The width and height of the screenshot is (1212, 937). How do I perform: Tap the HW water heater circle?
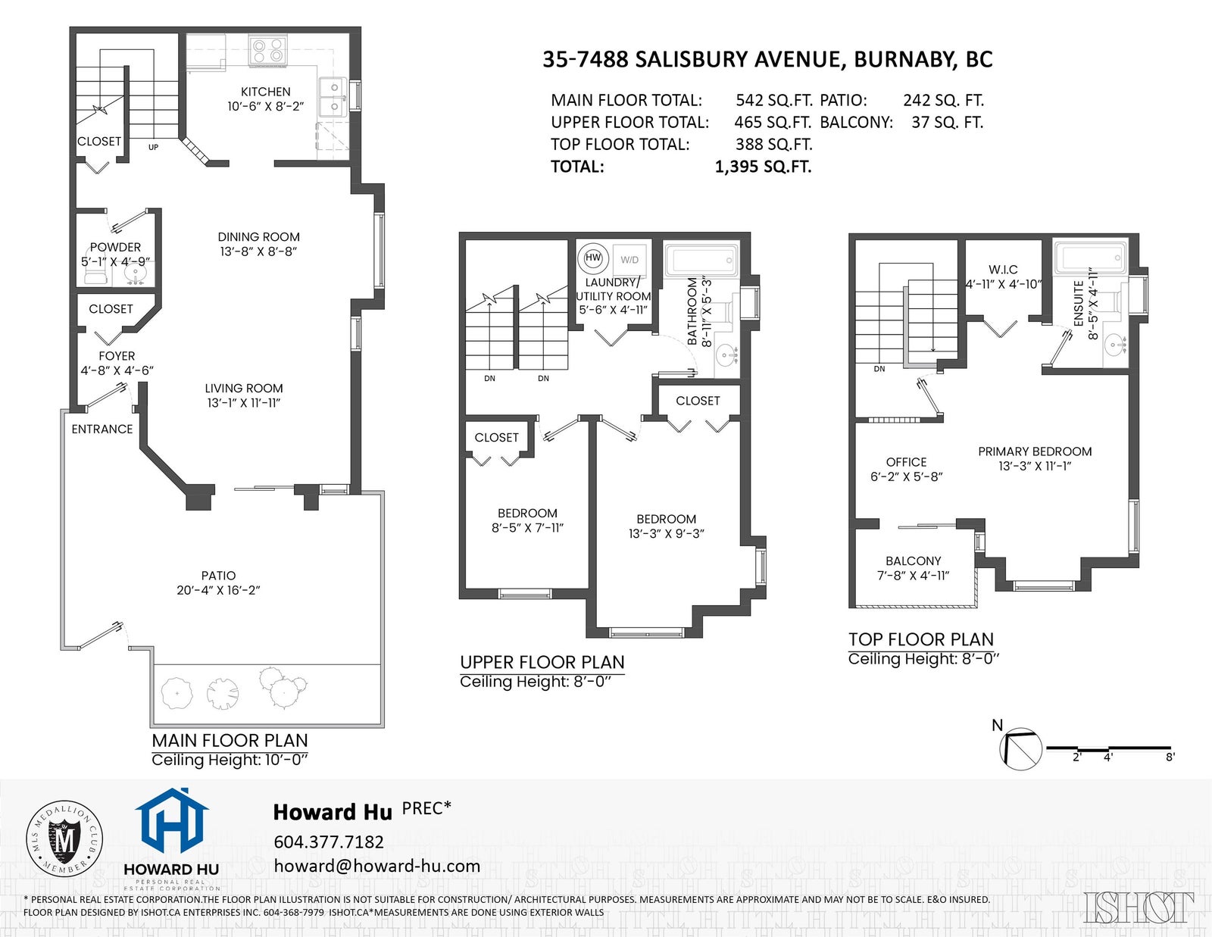tap(593, 258)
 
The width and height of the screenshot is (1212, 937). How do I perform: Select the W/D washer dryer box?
tap(629, 260)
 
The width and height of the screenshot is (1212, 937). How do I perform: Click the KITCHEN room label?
tap(265, 92)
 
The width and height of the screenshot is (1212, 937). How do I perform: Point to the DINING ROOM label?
tap(259, 237)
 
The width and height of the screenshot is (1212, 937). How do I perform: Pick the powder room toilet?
tap(92, 274)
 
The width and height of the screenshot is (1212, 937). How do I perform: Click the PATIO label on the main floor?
tap(219, 576)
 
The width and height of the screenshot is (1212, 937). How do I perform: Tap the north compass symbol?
tap(1020, 749)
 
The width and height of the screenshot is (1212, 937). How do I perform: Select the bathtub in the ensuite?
tap(1090, 258)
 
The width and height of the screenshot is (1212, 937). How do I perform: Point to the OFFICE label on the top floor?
tap(907, 462)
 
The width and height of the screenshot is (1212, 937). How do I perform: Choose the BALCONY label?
tap(913, 561)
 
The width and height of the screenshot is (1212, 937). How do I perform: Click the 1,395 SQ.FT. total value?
tap(763, 167)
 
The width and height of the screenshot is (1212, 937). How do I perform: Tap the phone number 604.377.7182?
tap(329, 842)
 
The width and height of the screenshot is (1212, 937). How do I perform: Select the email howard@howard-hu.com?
tap(377, 866)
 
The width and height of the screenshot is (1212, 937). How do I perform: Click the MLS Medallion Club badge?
tap(64, 839)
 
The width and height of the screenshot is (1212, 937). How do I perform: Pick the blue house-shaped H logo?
tap(172, 822)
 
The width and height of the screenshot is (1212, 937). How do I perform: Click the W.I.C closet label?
tap(1004, 270)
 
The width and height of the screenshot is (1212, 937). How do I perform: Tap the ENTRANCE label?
tap(102, 429)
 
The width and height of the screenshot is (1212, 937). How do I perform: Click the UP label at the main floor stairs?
tap(153, 147)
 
